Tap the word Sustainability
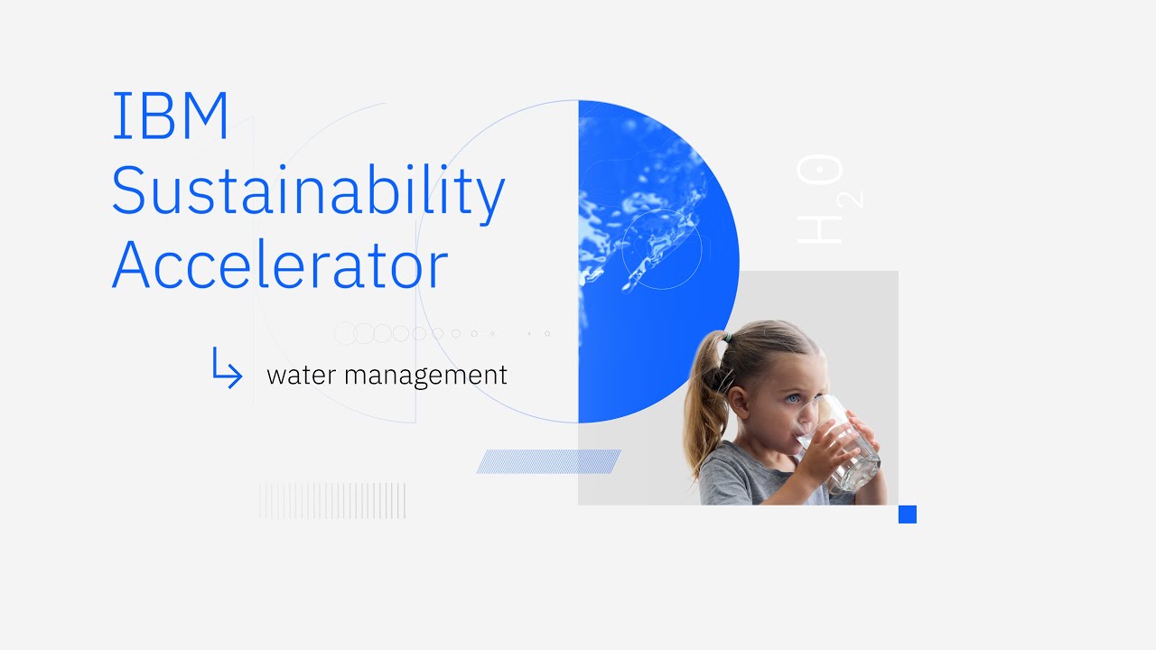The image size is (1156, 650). click(307, 191)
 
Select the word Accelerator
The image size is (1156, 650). click(279, 265)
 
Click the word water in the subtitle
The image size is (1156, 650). click(301, 376)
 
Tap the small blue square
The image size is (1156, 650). click(908, 515)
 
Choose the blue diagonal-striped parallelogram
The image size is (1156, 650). click(549, 461)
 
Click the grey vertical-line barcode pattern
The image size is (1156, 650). click(332, 501)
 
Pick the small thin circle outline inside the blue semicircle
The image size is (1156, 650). click(662, 250)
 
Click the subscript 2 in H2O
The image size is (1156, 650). click(853, 200)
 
